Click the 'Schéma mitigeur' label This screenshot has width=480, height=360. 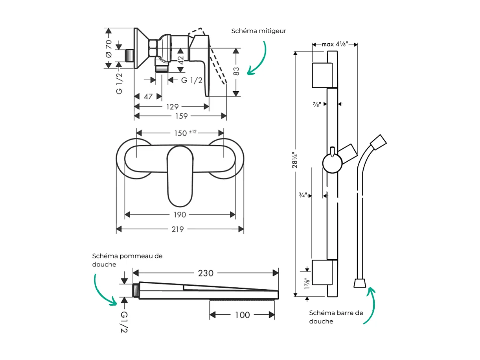click(x=259, y=31)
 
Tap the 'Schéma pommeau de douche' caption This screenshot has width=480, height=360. click(x=127, y=260)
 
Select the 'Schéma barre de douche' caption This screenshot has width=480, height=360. click(x=336, y=317)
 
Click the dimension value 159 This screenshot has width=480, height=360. click(x=181, y=116)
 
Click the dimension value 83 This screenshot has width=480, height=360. click(x=236, y=71)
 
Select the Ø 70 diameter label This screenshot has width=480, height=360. click(x=109, y=48)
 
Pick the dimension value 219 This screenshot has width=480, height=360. click(x=178, y=229)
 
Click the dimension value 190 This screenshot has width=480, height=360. click(x=180, y=215)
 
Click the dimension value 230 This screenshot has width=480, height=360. click(x=205, y=273)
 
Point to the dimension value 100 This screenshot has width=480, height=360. click(x=242, y=315)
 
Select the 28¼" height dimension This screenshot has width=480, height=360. click(x=294, y=160)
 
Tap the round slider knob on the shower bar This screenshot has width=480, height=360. click(x=332, y=164)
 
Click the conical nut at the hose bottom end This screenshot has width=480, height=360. click(x=360, y=283)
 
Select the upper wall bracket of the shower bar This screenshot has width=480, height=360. click(x=324, y=75)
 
